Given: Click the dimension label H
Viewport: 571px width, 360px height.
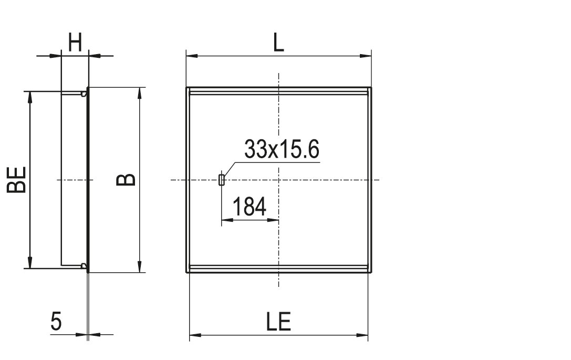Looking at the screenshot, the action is [x=75, y=43].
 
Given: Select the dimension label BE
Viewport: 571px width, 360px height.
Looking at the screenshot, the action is [x=17, y=179].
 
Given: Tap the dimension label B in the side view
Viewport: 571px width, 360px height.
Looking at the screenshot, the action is [x=126, y=180].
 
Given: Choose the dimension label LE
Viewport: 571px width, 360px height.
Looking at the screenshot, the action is [x=278, y=322].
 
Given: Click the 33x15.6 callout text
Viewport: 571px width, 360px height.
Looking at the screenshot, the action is [x=282, y=149].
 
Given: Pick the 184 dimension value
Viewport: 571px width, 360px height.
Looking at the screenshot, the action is [x=250, y=206].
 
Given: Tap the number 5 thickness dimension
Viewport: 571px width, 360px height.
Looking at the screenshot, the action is [x=56, y=322].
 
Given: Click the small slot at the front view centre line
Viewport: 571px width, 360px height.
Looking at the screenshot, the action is [x=221, y=180].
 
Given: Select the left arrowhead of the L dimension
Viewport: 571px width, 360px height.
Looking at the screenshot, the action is [x=192, y=56].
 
